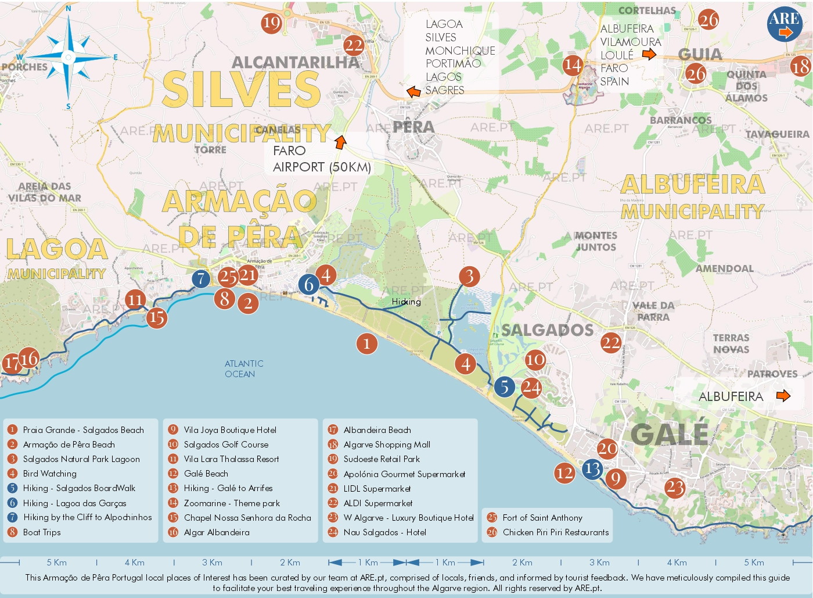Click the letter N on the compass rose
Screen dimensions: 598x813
point(69,9)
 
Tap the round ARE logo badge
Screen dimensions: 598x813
point(785,24)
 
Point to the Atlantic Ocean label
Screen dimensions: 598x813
point(244,368)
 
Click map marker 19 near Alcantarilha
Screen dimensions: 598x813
point(271,23)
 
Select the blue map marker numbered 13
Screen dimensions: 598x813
point(592,468)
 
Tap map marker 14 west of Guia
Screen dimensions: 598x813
point(573,65)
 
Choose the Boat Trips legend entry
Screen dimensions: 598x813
point(42,532)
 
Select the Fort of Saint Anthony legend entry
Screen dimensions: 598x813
point(542,518)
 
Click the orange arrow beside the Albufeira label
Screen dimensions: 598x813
point(783,396)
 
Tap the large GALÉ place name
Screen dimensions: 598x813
point(669,434)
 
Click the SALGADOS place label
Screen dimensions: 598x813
point(547,331)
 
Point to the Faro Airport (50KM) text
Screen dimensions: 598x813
point(321,159)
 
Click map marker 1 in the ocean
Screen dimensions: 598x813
point(366,344)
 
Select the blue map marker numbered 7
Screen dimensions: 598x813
point(201,279)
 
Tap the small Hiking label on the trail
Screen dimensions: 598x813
point(406,302)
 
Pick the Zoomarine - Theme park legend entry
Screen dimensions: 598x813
point(232,503)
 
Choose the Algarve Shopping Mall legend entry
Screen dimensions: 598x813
point(387,445)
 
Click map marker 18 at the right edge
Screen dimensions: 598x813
point(800,66)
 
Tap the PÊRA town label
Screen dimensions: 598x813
point(413,127)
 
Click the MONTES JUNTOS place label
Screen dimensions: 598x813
point(596,241)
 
